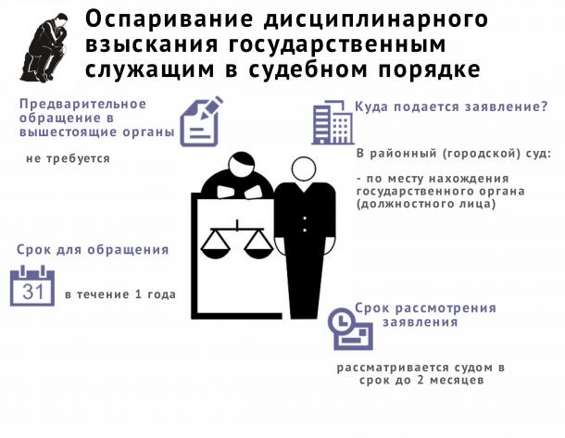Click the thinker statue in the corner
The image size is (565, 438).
point(44,48)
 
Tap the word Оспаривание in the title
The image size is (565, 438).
point(169,19)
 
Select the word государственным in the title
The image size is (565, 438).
point(338,44)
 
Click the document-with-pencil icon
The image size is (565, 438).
point(201,121)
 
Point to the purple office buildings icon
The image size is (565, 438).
point(333,122)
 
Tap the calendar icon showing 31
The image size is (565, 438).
point(32,285)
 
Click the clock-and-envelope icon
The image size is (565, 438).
point(350,329)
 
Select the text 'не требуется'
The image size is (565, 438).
point(69,158)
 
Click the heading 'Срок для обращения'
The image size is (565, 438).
point(93,250)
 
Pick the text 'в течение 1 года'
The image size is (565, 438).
point(120,294)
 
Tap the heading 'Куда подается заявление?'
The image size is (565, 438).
point(451,106)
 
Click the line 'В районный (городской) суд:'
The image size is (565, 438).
point(454,154)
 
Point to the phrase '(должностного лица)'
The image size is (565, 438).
point(426,205)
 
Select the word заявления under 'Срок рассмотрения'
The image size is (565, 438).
point(421,321)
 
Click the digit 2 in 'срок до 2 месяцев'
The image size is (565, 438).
point(421,380)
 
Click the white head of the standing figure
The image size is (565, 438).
point(304,169)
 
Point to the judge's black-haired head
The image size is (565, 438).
point(241,165)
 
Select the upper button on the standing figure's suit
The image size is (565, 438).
point(305,219)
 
